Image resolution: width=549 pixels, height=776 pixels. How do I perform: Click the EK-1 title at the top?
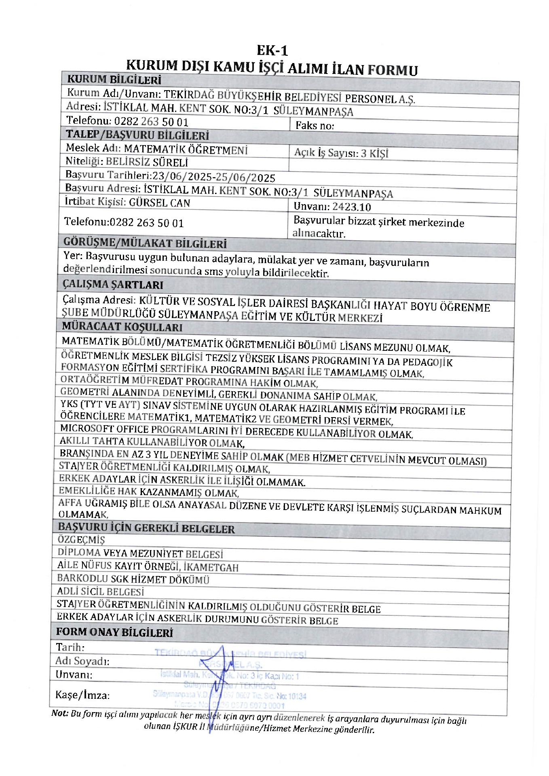(272, 51)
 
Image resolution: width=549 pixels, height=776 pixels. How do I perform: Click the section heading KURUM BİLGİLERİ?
(114, 80)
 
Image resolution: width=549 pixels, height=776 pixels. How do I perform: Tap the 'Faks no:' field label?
(315, 126)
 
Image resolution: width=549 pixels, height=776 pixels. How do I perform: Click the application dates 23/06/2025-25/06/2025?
(214, 177)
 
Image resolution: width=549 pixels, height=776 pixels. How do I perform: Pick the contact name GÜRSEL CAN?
(159, 203)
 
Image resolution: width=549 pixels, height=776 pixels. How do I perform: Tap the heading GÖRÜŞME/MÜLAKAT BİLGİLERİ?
(145, 243)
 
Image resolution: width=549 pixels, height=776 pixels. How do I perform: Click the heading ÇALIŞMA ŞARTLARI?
(113, 285)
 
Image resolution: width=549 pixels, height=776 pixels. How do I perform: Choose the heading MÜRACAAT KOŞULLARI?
(122, 327)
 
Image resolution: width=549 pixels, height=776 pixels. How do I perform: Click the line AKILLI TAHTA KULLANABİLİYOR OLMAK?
(152, 443)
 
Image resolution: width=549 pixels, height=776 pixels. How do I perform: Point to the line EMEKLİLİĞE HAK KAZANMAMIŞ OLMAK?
(149, 492)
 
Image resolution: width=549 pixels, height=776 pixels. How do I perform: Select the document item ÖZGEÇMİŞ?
(81, 540)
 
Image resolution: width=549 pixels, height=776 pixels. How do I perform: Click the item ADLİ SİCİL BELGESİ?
(100, 592)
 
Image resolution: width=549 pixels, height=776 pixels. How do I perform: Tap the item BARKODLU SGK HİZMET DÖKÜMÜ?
(133, 579)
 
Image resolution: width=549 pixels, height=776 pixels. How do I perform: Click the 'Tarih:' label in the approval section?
(70, 647)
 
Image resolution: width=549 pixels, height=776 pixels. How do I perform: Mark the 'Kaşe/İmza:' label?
(82, 695)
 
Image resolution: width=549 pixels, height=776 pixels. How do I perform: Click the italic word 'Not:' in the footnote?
(60, 713)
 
